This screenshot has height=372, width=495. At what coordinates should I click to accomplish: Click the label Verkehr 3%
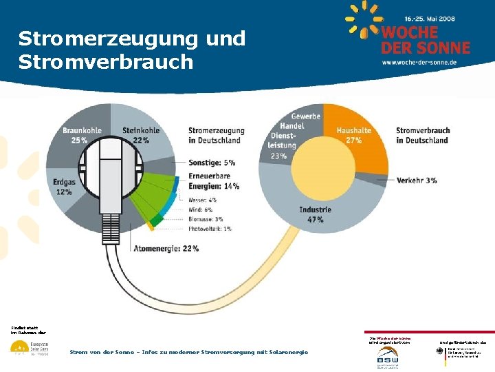[x=417, y=180]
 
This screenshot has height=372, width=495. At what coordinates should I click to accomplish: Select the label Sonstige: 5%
[x=212, y=163]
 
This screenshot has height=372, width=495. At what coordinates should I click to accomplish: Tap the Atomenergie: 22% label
[x=167, y=248]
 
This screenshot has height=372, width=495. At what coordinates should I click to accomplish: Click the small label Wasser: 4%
[x=203, y=200]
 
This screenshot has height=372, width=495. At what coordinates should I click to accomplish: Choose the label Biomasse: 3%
[x=206, y=218]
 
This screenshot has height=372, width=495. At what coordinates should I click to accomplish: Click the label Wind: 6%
[x=201, y=209]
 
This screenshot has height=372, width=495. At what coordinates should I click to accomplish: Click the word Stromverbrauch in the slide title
[x=106, y=62]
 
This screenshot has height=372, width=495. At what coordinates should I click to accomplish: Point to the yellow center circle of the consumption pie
[x=322, y=166]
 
